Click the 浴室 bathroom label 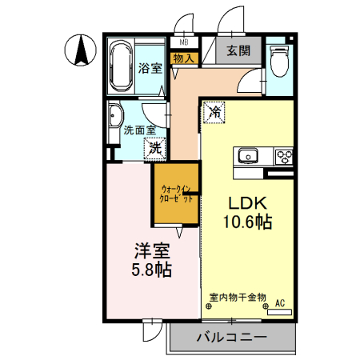point(150,68)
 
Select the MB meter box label point(184,42)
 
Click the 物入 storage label point(183,57)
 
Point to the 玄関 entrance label point(238,51)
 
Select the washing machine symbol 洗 point(155,147)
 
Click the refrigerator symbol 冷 point(214,113)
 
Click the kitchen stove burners point(283,154)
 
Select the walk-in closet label point(176,194)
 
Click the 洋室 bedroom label point(150,250)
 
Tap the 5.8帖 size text point(150,270)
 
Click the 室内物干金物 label point(238,297)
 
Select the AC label point(280,303)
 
